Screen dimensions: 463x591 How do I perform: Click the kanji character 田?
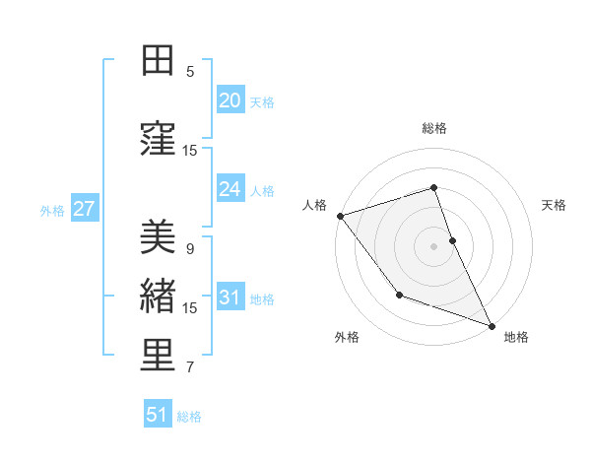tap(157, 61)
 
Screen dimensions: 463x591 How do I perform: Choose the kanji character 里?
tap(157, 357)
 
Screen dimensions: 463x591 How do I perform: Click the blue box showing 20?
tap(230, 100)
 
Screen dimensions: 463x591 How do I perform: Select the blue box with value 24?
tap(230, 189)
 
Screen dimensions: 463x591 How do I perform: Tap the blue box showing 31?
tap(230, 298)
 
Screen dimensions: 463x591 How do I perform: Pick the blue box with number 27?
tap(84, 209)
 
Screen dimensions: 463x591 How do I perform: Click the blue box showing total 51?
tap(158, 415)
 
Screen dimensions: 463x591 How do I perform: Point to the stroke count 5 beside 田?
tap(190, 72)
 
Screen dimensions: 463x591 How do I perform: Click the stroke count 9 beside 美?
tap(190, 249)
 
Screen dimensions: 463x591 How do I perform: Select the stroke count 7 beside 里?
tap(190, 367)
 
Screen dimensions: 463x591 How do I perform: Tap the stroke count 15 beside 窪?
tap(190, 151)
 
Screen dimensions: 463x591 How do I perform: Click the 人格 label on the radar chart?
tap(314, 205)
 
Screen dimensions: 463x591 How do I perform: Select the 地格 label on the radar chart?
tap(516, 337)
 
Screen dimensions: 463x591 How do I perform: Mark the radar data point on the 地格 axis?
tap(492, 325)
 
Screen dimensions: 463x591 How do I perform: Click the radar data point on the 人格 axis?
tap(340, 216)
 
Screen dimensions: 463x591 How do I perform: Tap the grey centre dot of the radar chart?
tap(433, 246)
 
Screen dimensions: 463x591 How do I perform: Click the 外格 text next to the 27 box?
tap(52, 210)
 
